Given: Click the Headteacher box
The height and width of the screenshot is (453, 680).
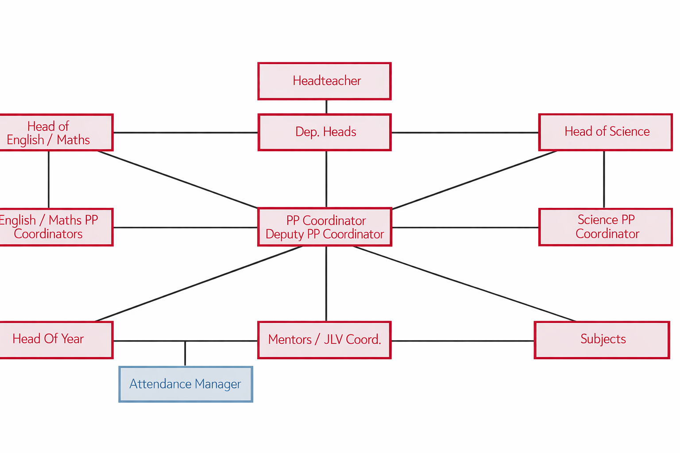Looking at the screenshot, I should click(x=325, y=81).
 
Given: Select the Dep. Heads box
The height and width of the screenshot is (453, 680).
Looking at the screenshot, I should click(x=325, y=132).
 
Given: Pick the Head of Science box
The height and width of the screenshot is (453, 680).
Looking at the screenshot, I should click(x=605, y=132).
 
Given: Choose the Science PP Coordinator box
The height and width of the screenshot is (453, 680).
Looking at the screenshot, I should click(x=605, y=227).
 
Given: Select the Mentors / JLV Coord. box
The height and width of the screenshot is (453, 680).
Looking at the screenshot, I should click(x=325, y=340).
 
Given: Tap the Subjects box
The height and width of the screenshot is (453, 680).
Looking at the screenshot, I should click(x=602, y=340).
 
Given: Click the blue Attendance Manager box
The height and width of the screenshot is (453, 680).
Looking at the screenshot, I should click(x=185, y=384).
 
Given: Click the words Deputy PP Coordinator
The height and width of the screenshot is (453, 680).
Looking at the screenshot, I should click(x=325, y=234).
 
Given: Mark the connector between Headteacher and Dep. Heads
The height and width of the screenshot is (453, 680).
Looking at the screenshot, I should click(x=326, y=107).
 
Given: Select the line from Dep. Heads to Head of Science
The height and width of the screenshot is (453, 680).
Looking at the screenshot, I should click(x=465, y=132).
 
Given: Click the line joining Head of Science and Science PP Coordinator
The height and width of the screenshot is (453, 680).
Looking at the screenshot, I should click(x=604, y=179).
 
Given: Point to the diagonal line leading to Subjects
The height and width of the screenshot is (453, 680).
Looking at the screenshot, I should click(x=465, y=284).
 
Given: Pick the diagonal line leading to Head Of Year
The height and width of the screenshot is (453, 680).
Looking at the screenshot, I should click(x=199, y=284).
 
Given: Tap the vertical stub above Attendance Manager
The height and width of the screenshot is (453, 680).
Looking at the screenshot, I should click(x=185, y=353).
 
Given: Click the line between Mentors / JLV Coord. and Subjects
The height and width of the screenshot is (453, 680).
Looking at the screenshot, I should click(x=463, y=341).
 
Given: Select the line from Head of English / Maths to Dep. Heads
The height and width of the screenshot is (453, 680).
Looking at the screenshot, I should click(x=185, y=132).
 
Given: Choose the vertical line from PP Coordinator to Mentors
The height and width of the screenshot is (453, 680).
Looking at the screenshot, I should click(x=326, y=284).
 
